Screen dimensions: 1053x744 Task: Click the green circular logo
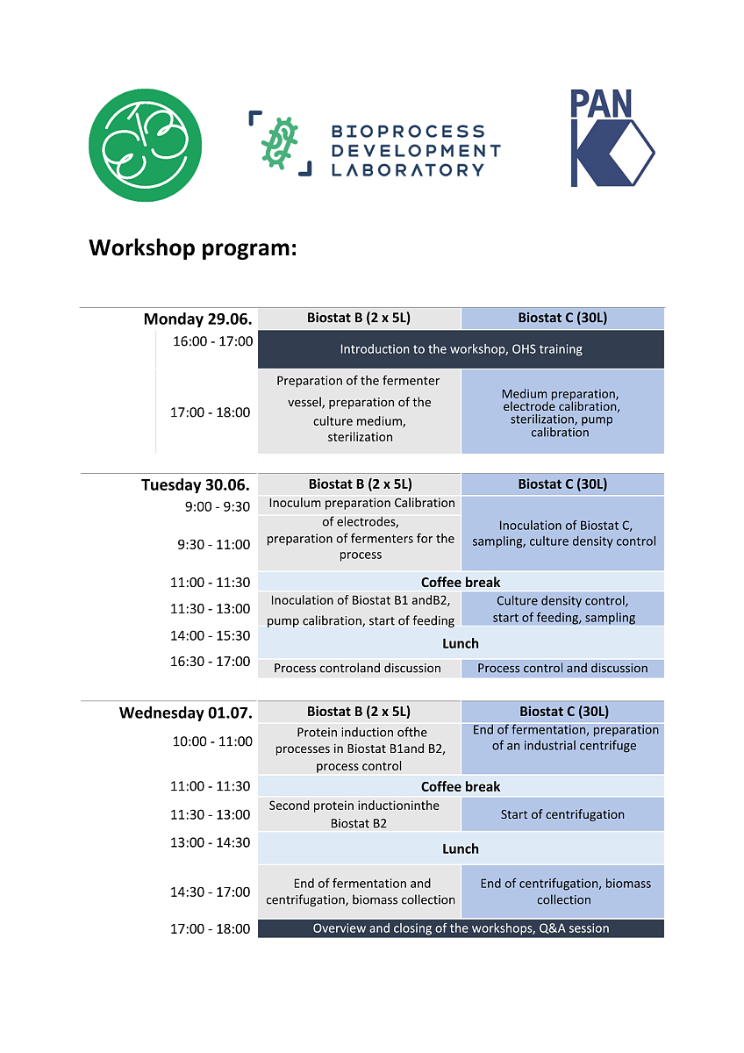coord(145,145)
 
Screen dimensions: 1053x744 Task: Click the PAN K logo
coord(612,138)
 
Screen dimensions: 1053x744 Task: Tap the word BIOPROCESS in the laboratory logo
coord(407,132)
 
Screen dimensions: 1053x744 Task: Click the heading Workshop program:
coord(193,248)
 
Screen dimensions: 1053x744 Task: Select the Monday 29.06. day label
coord(197,319)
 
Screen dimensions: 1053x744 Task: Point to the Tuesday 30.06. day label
coord(196,484)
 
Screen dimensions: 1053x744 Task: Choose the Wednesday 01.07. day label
coord(185,712)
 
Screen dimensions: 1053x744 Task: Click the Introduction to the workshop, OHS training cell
coord(461,349)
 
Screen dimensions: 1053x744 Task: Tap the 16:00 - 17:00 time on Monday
coord(212,340)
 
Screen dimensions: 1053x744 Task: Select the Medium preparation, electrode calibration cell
coord(562,412)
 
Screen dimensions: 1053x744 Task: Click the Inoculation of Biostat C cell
coord(563,534)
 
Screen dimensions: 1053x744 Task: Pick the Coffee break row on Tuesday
coord(461,582)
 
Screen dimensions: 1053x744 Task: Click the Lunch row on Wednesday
coord(461,849)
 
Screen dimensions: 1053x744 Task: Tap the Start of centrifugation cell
coord(562,814)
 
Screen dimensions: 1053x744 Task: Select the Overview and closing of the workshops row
coord(461,928)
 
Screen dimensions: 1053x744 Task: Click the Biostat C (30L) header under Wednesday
coord(563,712)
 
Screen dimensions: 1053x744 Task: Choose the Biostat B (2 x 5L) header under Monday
coord(359,318)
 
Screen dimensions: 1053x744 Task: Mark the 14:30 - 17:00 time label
coord(210,892)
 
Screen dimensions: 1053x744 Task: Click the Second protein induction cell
coord(358,814)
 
